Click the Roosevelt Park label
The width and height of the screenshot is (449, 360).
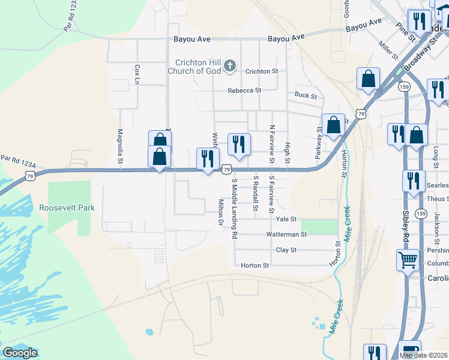67,208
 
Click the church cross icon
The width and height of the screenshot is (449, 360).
229,66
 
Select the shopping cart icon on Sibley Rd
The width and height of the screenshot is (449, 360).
408,260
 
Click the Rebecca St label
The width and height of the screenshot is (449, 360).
244,91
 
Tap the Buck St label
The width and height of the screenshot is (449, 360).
306,95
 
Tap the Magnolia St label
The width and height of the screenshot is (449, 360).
120,146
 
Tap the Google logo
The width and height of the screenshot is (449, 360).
20,353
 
